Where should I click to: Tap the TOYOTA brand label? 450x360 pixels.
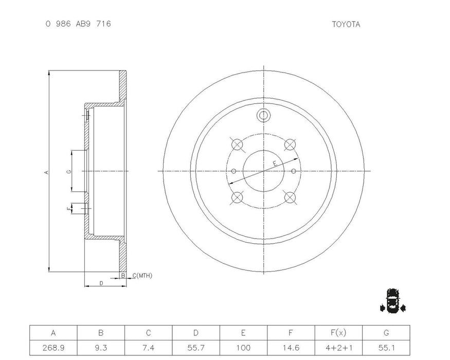pos(346,24)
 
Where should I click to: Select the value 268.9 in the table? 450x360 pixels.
pos(53,347)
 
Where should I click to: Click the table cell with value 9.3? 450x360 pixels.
pos(101,347)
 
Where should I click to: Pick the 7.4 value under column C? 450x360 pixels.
pos(148,347)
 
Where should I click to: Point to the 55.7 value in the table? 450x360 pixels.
pos(196,347)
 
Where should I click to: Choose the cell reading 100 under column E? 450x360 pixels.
pos(243,347)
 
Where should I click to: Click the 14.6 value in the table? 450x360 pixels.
pos(291,347)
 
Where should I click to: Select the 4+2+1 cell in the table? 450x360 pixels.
pos(338,347)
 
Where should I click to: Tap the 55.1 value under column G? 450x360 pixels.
pos(386,347)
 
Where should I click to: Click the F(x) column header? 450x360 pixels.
pos(338,333)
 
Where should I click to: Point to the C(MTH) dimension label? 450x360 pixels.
pos(142,276)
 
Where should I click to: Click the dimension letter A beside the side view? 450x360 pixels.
pos(46,172)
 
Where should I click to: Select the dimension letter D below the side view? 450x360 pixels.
pos(101,283)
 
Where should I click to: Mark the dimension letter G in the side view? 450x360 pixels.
pos(68,171)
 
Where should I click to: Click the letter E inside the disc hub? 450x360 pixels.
pos(275,163)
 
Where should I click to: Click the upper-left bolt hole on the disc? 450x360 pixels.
pos(237,145)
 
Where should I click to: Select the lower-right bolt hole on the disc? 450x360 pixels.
pos(290,197)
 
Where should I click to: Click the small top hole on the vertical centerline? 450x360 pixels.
pos(263,115)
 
